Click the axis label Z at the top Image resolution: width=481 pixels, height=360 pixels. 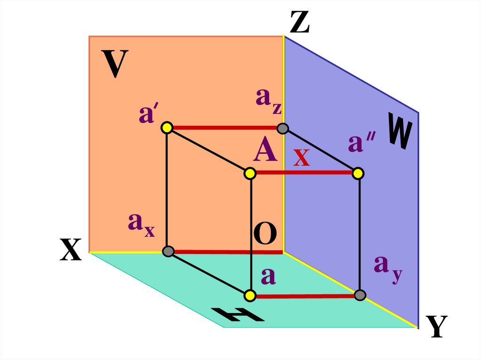click(300, 23)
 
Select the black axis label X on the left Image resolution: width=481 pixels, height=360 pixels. click(71, 249)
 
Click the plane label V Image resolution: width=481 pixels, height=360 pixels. click(115, 64)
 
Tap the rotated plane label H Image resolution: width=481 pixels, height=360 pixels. click(237, 315)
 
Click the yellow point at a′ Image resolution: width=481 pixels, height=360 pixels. click(167, 127)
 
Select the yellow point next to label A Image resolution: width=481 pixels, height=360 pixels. click(250, 174)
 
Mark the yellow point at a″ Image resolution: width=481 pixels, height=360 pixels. click(358, 174)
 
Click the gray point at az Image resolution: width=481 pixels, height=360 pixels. click(282, 128)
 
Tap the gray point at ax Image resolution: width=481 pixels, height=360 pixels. click(168, 252)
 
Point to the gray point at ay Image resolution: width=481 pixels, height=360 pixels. click(360, 295)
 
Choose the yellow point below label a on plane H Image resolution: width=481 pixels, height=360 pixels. click(250, 295)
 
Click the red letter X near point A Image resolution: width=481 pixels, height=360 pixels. click(302, 158)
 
